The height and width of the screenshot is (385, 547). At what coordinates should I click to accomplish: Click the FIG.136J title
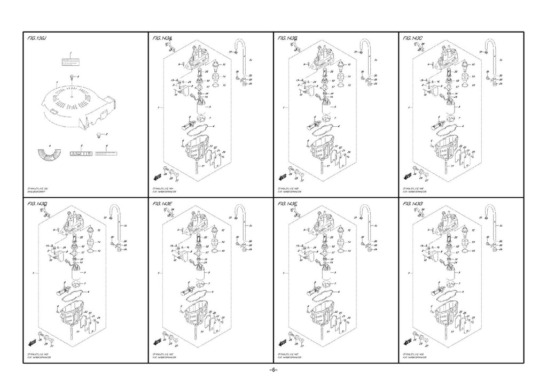coord(37,38)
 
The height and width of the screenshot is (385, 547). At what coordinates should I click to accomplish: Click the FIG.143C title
coord(413,38)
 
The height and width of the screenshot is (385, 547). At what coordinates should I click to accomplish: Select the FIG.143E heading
coord(162,204)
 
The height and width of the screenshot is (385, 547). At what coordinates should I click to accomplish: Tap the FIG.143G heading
coord(413,204)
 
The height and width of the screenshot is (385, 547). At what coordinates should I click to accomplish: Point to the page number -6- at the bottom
coord(273,371)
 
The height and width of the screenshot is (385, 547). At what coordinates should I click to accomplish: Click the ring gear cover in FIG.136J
coord(75,104)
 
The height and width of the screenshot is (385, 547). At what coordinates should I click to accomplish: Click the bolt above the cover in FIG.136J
coord(71,78)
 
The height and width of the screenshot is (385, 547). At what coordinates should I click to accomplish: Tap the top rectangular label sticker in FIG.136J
coord(71,60)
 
